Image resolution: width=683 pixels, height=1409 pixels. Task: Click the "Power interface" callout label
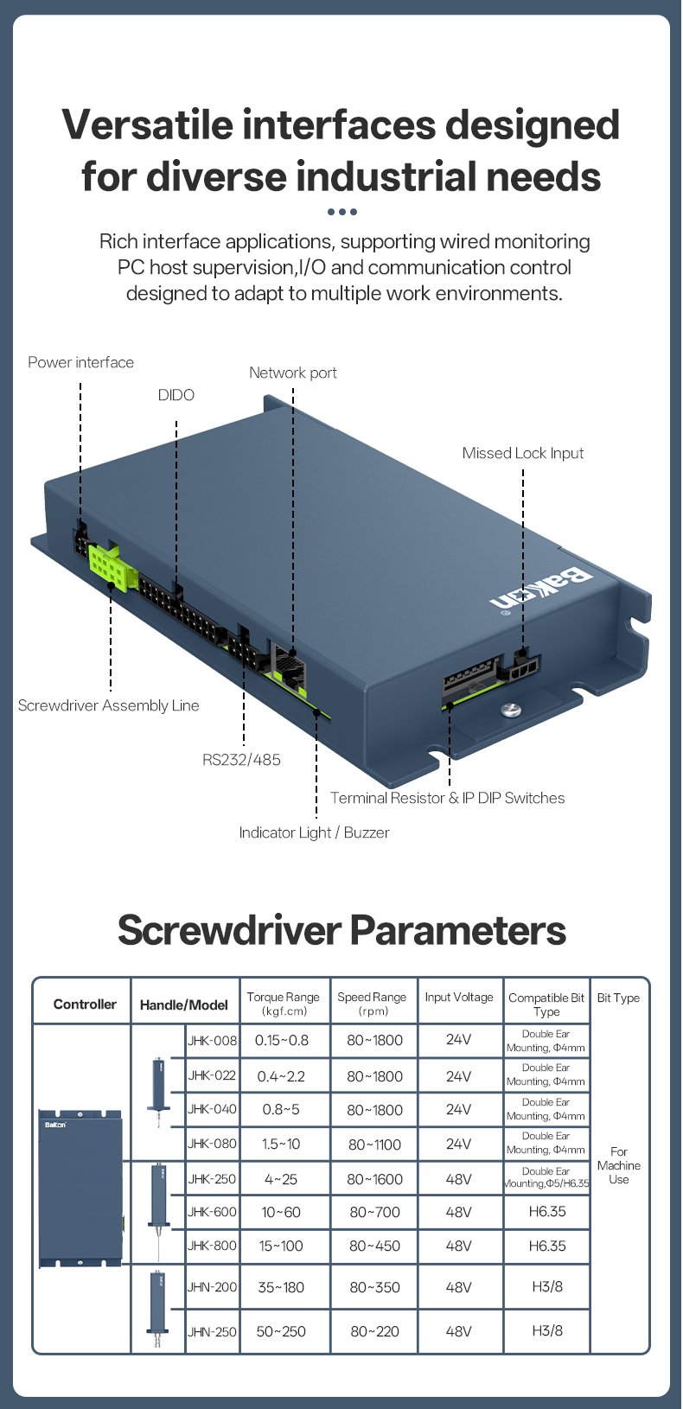pos(80,362)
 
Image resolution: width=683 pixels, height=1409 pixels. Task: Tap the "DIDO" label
pos(176,395)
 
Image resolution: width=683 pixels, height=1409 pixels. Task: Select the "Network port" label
pos(292,373)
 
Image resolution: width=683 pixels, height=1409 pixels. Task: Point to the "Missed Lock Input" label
pos(522,453)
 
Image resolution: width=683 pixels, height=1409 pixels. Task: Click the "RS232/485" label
pos(241,760)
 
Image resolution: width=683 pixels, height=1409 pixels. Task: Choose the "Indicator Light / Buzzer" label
pos(314,832)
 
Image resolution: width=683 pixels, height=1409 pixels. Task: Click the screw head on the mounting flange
pos(511,710)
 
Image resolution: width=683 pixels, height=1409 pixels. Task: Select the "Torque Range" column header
pos(283,1003)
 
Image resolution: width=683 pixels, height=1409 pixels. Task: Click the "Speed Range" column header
pos(372,1003)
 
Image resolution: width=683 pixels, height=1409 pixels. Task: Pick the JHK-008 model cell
pos(212,1041)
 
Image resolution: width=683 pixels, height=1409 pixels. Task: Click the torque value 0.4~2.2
pos(281,1076)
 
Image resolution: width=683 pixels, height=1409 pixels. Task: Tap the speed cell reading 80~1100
pos(374,1144)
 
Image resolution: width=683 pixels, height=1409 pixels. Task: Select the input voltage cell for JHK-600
pos(458,1212)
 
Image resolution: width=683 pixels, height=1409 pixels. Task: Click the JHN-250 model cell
pos(212,1332)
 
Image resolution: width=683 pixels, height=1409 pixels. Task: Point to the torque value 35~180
pos(281,1287)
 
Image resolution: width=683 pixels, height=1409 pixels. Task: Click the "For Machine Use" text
pos(619,1165)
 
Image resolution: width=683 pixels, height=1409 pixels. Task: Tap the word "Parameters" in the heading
pos(457,931)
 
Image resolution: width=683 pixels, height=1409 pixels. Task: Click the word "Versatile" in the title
pos(148,125)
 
